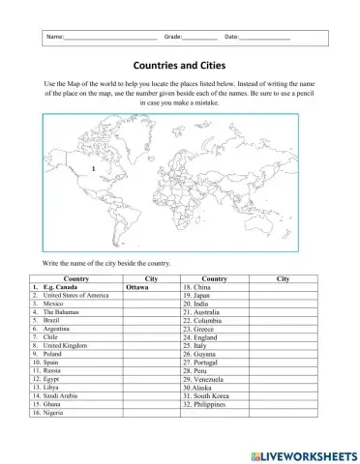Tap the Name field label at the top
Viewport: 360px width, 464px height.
point(54,37)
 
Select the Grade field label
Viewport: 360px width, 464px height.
point(174,37)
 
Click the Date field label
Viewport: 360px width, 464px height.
point(232,37)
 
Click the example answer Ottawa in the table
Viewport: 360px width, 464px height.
point(136,287)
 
